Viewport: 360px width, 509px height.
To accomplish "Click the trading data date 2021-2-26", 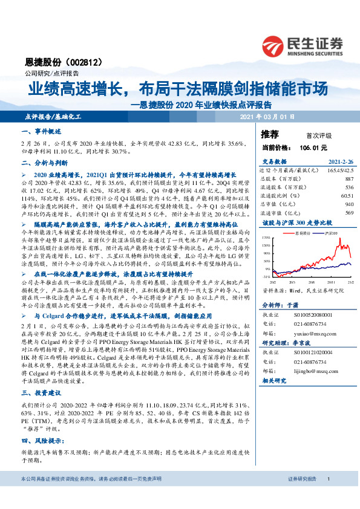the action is tap(341, 162).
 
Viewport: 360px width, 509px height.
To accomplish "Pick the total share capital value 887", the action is tap(349, 179).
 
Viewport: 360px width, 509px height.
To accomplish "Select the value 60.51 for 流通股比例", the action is tap(345, 196).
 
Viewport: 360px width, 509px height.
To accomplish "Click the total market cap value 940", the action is tap(349, 204).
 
